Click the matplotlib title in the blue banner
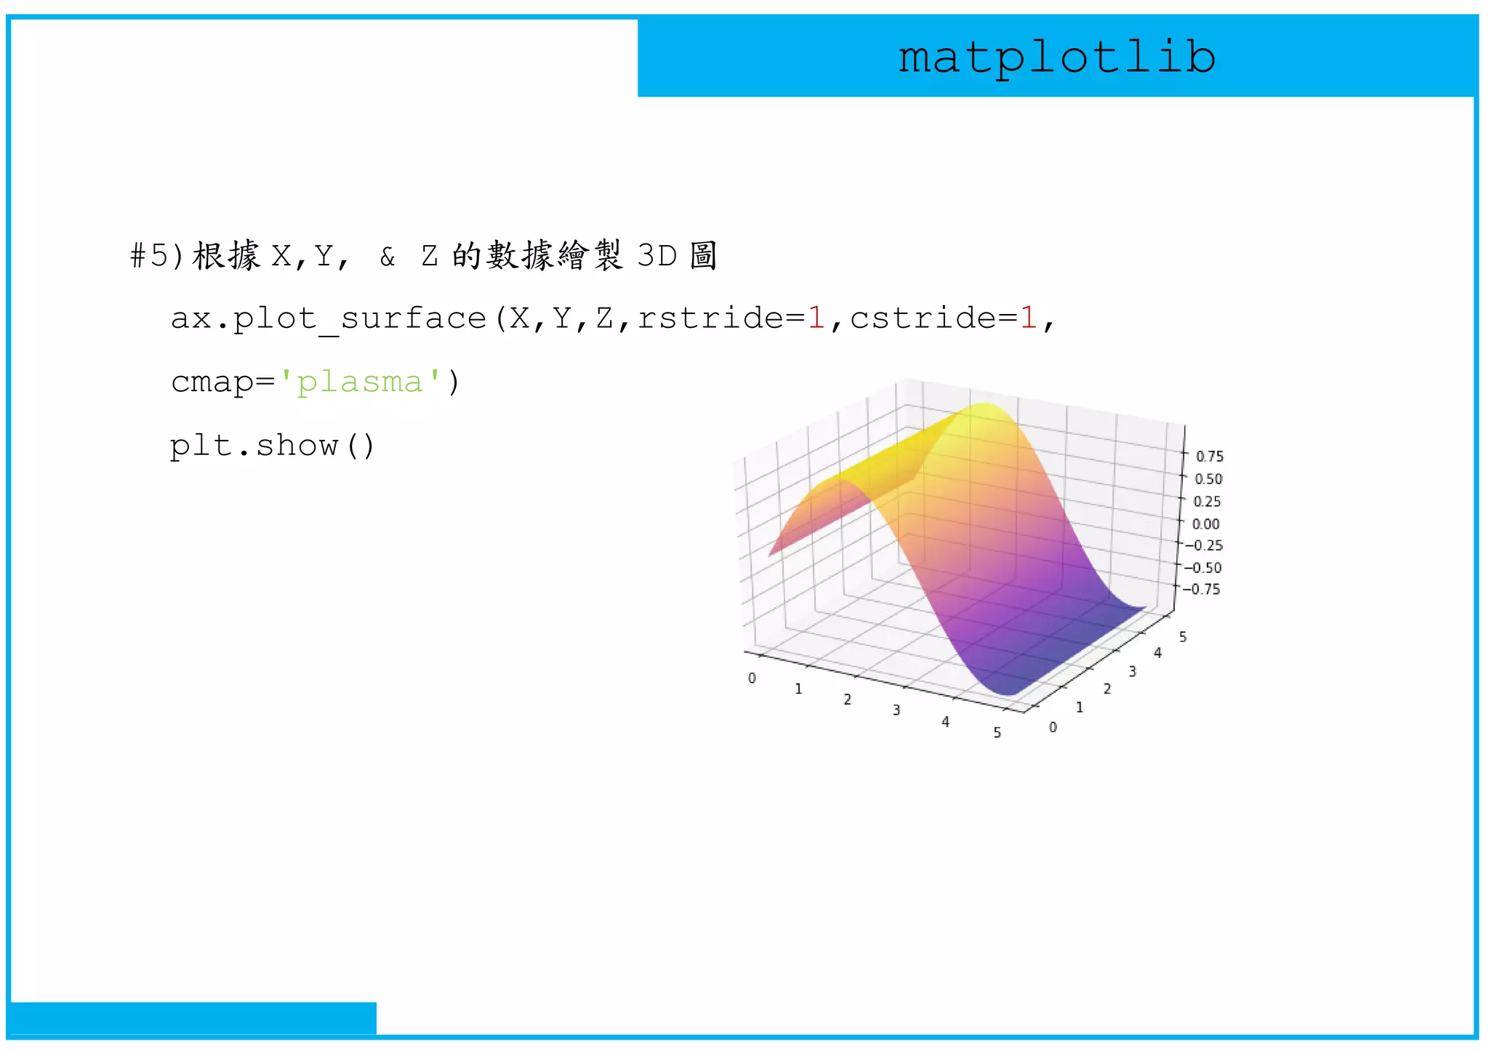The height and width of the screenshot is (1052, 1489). pos(1056,58)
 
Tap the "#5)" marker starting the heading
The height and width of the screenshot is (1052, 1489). pos(157,256)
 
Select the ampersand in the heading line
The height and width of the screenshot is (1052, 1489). pos(388,257)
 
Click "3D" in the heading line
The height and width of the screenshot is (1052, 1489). pos(657,256)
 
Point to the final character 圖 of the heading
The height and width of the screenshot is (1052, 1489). pos(703,256)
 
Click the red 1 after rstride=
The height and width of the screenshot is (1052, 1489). pos(816,318)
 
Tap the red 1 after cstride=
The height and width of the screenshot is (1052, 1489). pos(1029,318)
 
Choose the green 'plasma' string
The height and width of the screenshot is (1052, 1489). pos(360,382)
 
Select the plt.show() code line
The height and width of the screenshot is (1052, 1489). pos(272,446)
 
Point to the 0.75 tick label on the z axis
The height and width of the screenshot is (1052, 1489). pos(1209,457)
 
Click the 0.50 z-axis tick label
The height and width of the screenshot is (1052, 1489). pos(1208,479)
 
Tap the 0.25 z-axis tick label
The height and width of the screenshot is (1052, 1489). pos(1207,502)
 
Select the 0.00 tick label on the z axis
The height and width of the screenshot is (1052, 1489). pos(1205,524)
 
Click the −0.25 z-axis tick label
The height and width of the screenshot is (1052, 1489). pos(1203,545)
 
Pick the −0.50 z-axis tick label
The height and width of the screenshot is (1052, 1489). pos(1202,568)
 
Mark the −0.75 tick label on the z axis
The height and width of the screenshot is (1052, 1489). pos(1200,589)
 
